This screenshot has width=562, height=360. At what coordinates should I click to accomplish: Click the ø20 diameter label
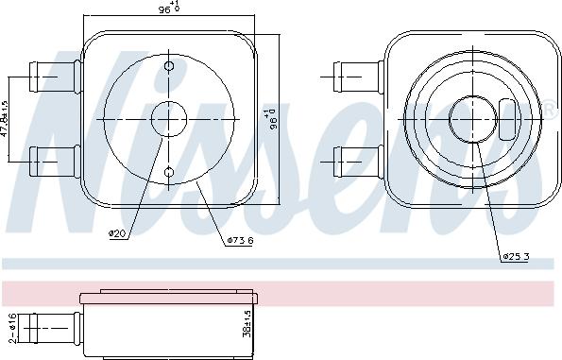pyautogui.click(x=117, y=233)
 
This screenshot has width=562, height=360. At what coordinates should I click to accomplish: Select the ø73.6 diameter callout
pyautogui.click(x=239, y=240)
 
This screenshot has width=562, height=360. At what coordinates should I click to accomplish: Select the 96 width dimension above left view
pyautogui.click(x=168, y=9)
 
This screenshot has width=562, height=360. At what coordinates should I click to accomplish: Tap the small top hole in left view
pyautogui.click(x=169, y=67)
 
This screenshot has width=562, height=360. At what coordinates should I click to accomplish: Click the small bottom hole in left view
pyautogui.click(x=169, y=171)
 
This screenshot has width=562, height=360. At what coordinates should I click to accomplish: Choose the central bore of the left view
pyautogui.click(x=169, y=119)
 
